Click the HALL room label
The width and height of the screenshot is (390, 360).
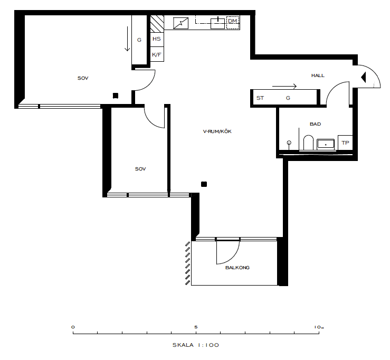318,75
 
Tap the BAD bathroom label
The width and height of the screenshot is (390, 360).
316,124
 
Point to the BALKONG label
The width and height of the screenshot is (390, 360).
237,268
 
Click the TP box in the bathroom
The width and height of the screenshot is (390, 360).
345,143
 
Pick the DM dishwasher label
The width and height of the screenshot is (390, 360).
233,21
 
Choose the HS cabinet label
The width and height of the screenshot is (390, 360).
157,39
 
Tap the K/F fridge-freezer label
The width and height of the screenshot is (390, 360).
157,54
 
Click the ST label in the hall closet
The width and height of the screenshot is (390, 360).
260,98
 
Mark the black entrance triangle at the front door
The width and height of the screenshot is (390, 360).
364,77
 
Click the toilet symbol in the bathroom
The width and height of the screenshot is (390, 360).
309,143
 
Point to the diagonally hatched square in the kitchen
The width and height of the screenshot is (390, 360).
157,23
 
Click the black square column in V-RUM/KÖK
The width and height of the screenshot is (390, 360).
204,184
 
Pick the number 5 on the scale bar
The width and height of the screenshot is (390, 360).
196,327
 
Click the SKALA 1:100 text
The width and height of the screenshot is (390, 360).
196,345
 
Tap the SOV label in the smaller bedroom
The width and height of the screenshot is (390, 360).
140,169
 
